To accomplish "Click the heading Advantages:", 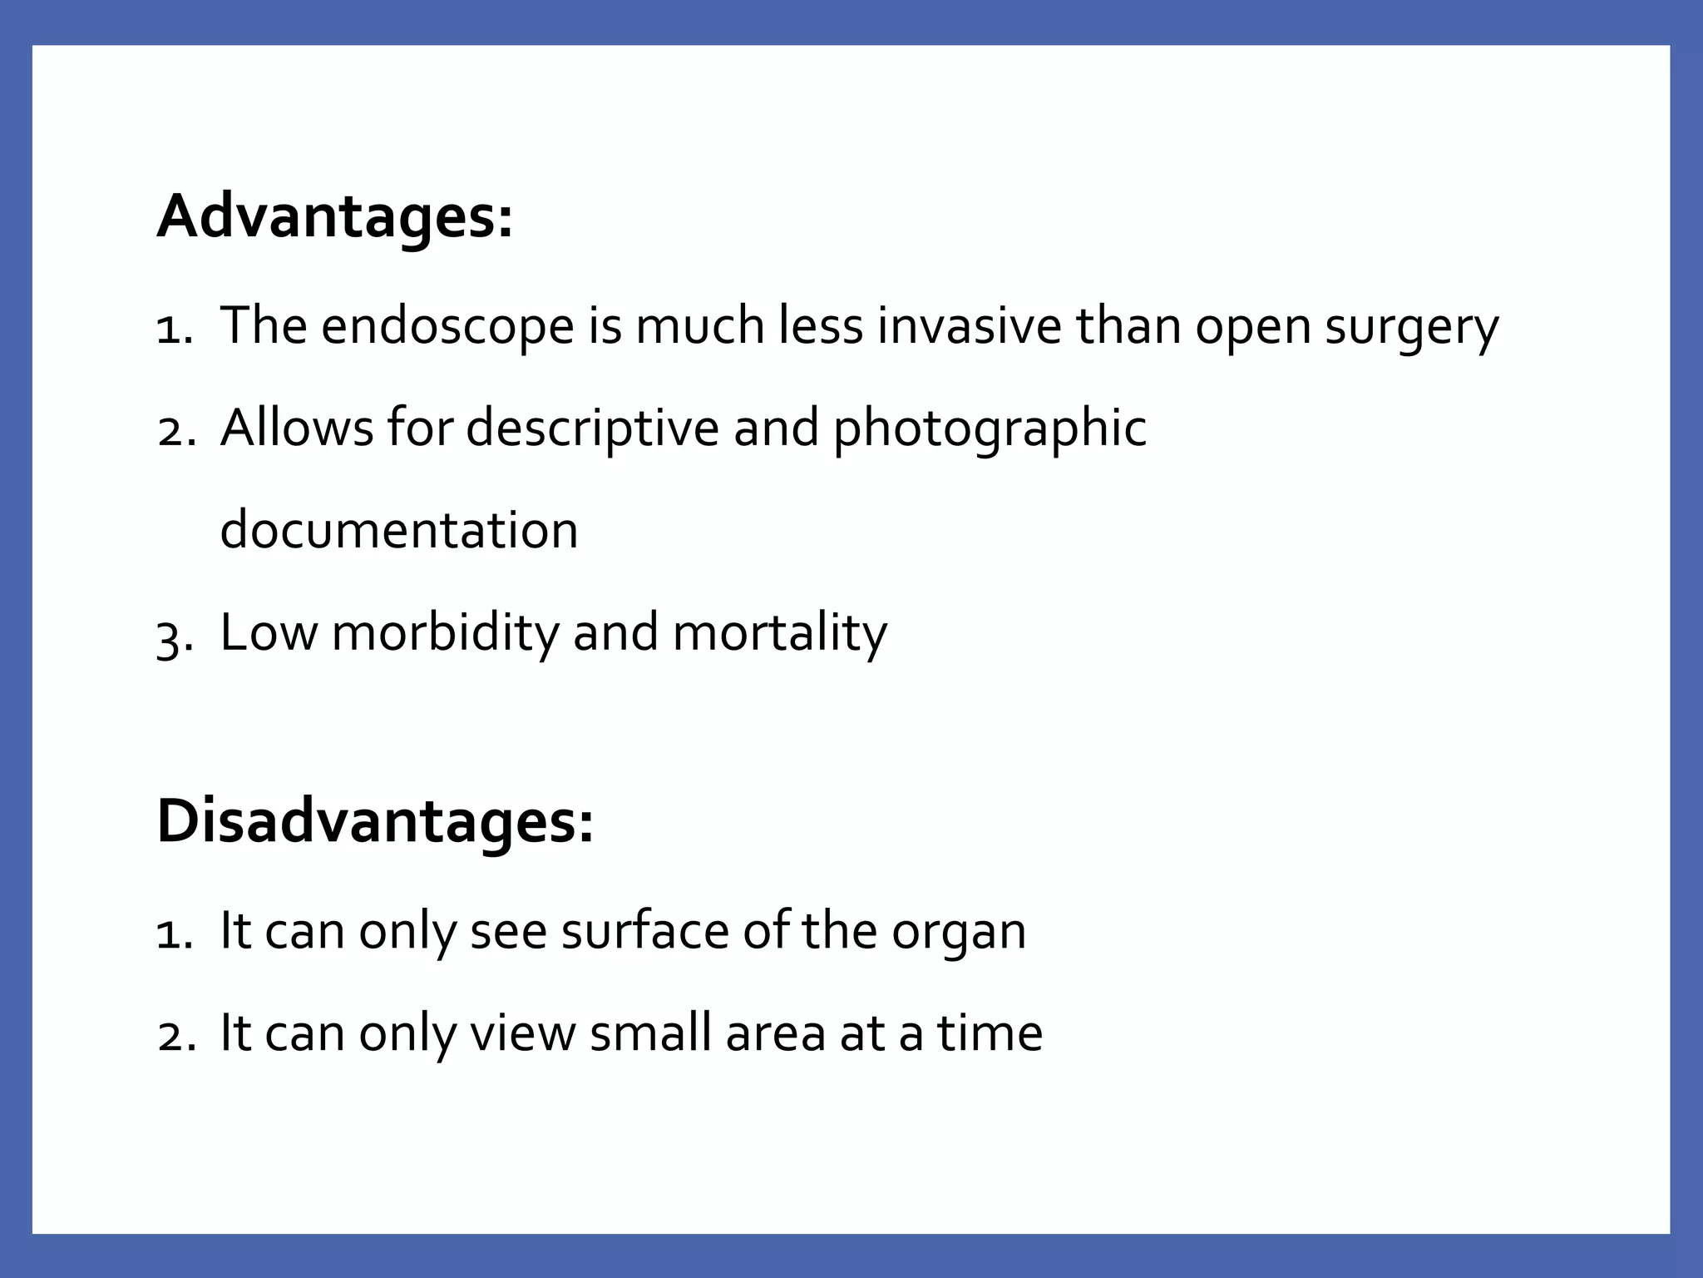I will coord(334,217).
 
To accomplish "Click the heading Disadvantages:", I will coord(375,822).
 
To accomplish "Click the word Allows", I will coord(297,428).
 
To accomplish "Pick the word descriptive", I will coord(591,429).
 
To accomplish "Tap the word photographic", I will coord(990,429).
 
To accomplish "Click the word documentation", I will coord(399,530).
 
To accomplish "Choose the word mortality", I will coord(779,633).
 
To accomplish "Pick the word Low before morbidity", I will coord(269,633).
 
